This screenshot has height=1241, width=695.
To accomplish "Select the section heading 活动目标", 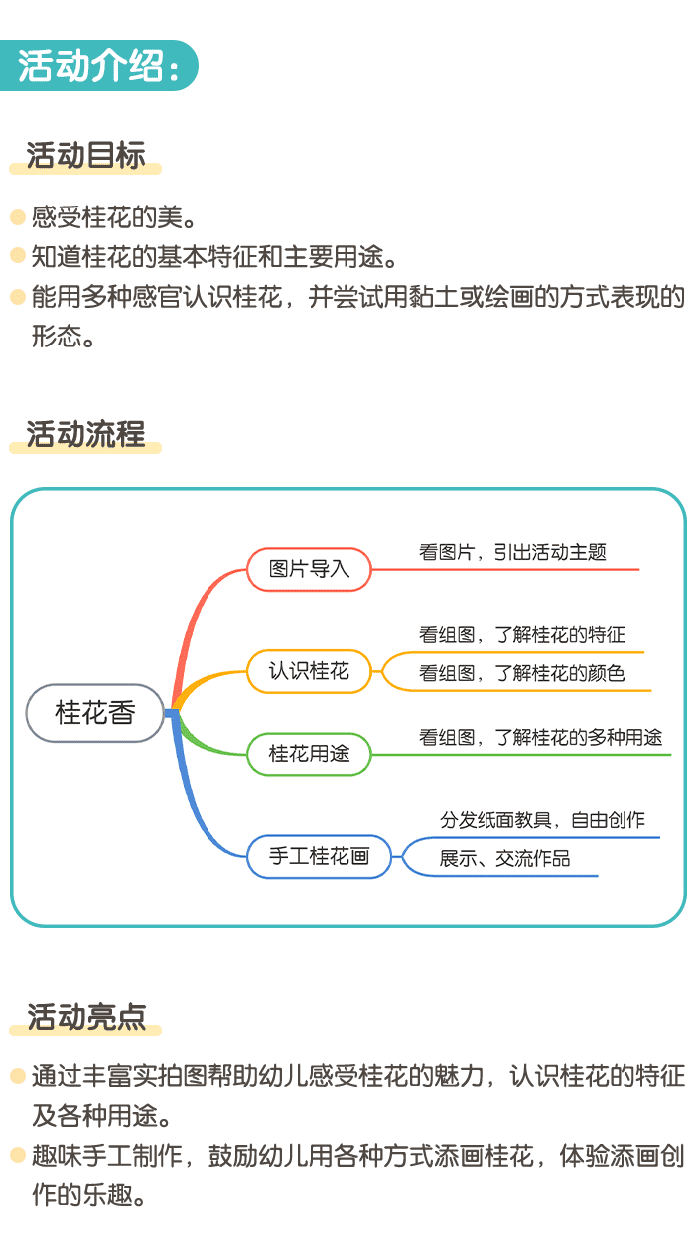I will [85, 156].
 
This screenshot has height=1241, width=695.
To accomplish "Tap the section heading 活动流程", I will [85, 434].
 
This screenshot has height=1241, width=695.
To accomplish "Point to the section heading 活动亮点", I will [85, 1017].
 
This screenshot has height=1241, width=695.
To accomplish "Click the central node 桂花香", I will [94, 713].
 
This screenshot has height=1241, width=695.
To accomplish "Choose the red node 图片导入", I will [309, 570].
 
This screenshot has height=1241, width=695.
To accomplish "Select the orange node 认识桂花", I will [309, 671].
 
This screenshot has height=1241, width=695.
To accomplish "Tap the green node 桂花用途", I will [309, 754].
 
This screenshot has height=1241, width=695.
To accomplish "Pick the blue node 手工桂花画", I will [319, 856].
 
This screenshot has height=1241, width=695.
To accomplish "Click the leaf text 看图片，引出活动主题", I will [512, 553].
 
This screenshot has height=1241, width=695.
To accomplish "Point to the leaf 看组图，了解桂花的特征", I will [521, 635].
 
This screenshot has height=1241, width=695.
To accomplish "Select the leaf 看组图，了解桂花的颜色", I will [521, 674].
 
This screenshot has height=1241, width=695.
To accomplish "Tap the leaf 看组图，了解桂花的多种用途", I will [540, 738].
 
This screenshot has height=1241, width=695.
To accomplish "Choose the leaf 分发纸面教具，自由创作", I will [542, 820].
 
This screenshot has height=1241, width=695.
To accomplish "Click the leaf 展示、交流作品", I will [504, 859].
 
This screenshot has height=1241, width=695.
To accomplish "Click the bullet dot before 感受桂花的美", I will [17, 216].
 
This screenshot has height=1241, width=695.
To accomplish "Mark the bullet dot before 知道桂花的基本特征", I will [17, 256].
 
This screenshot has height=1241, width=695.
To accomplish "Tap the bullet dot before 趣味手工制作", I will [17, 1155].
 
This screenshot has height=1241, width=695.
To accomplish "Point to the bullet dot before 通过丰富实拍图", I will [17, 1076].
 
